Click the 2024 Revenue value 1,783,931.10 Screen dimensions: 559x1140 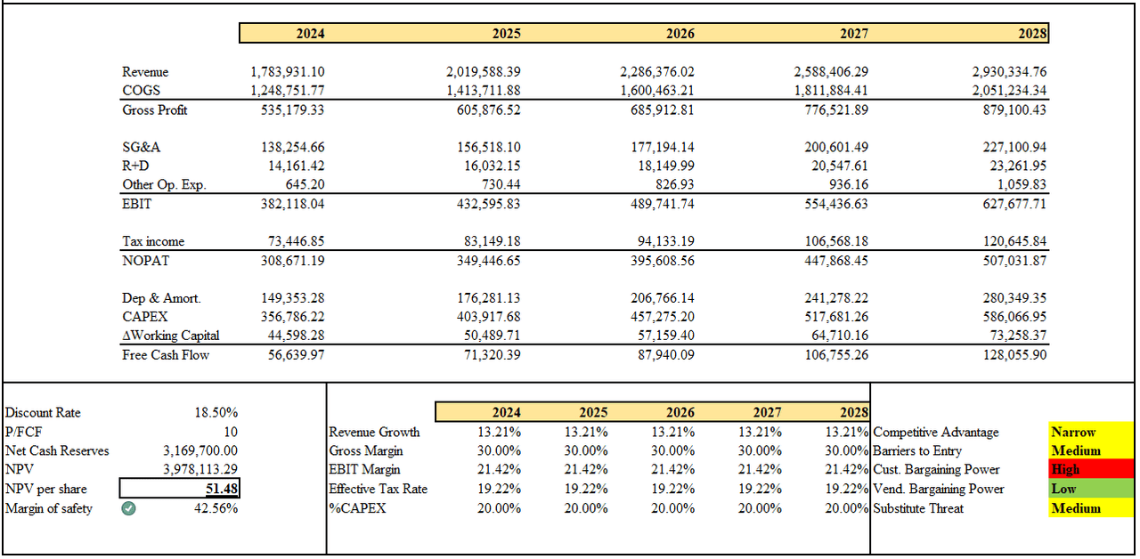point(288,71)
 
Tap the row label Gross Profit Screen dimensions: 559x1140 point(155,109)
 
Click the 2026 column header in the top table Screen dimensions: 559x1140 point(680,34)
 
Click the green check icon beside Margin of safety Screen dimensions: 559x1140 point(129,508)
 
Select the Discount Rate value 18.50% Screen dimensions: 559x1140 point(216,413)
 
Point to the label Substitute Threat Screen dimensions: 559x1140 point(918,508)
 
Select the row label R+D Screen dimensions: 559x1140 point(135,166)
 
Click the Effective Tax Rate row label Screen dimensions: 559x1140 point(378,489)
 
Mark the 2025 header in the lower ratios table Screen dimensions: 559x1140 point(593,412)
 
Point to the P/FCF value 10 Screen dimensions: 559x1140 point(231,432)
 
